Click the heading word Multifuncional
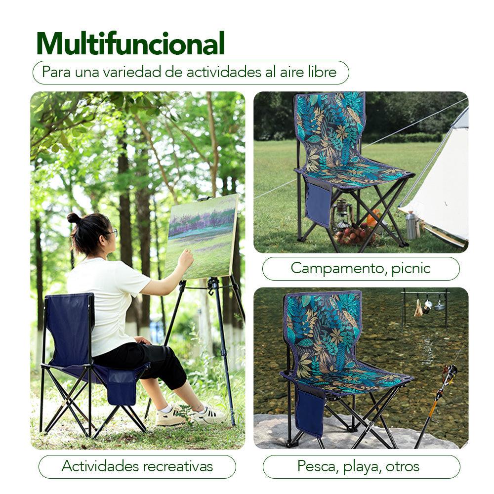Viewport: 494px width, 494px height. (130, 44)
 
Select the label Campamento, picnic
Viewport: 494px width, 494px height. (361, 268)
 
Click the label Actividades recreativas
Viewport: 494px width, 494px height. (137, 466)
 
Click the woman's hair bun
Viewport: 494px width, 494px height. (74, 218)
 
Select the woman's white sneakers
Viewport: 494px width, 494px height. (190, 414)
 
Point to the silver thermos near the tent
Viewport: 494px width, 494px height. (412, 226)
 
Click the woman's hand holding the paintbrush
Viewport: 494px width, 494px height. (186, 257)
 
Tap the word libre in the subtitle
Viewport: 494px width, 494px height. (321, 72)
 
